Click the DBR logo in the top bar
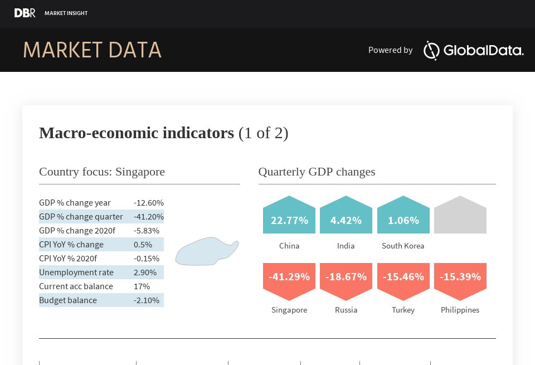point(25,13)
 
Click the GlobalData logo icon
point(432,50)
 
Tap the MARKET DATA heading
point(92,50)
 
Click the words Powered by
point(390,50)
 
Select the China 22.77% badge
point(289,217)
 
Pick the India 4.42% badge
point(346,217)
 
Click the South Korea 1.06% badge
point(403,217)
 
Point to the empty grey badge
point(460,216)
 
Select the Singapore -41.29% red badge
point(289,279)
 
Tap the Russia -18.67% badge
point(346,279)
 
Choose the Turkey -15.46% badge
point(403,279)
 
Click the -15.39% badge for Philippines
point(460,279)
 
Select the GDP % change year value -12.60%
point(148,203)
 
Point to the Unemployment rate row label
point(76,272)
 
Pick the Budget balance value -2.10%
point(147,300)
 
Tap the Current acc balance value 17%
point(142,286)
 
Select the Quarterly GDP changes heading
point(317,172)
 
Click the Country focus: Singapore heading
point(102,172)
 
